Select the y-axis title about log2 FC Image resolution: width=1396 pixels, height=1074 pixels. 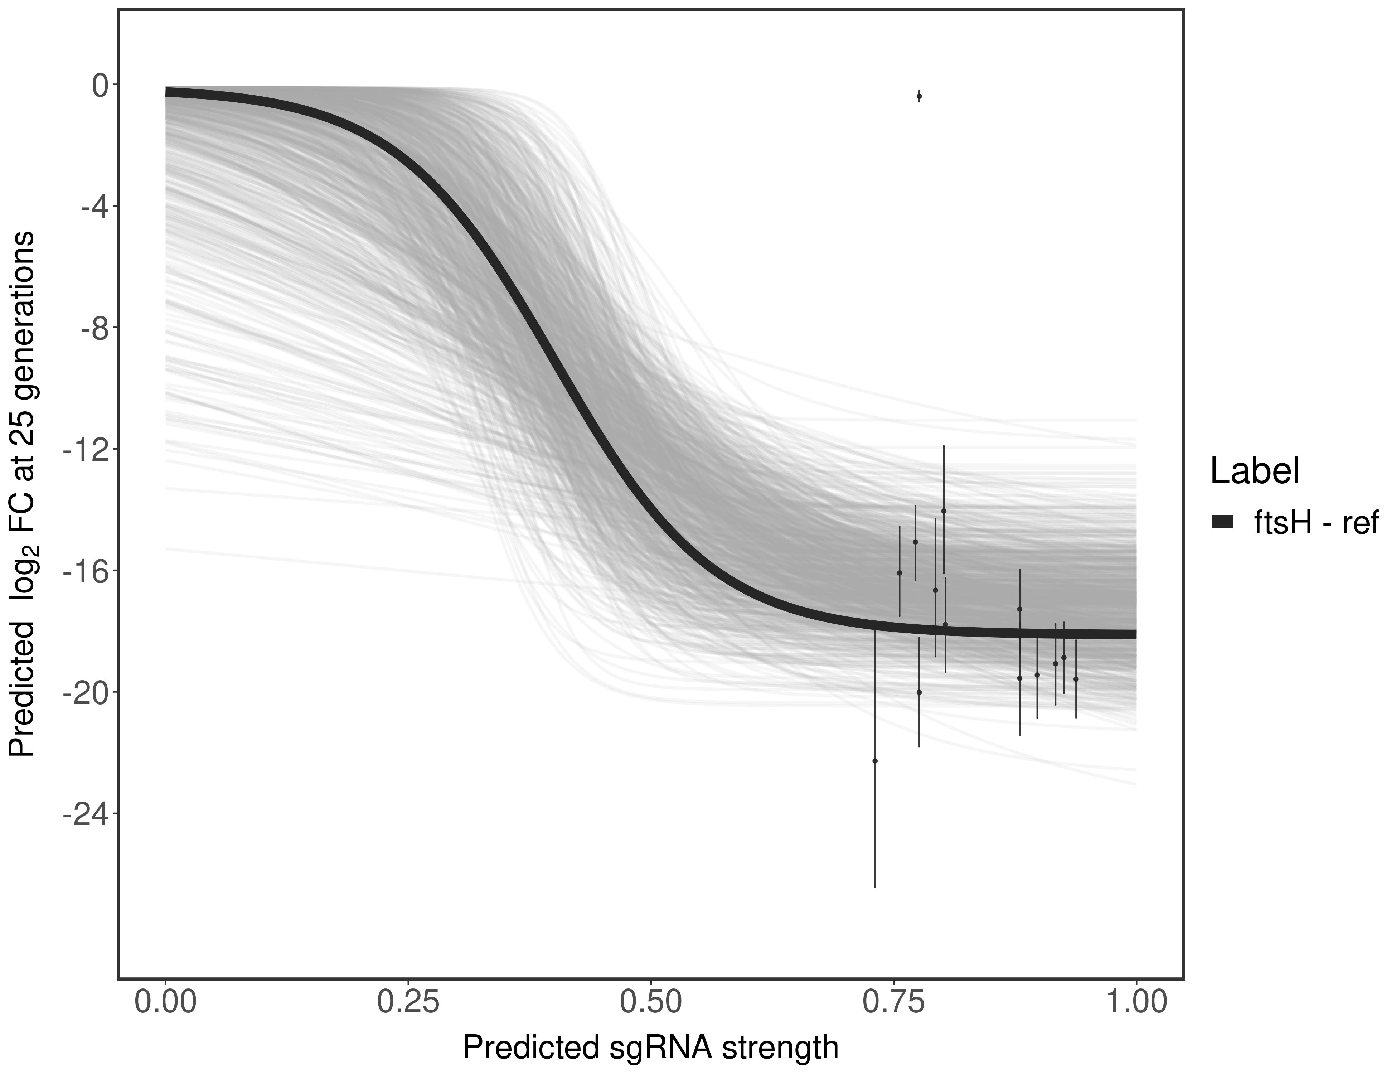coord(22,494)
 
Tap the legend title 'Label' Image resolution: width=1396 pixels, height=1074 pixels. coord(1254,472)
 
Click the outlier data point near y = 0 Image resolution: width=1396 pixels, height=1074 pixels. coord(919,97)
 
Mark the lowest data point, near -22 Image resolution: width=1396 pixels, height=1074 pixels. coord(875,761)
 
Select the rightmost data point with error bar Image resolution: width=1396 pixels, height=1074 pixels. coord(1076,679)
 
